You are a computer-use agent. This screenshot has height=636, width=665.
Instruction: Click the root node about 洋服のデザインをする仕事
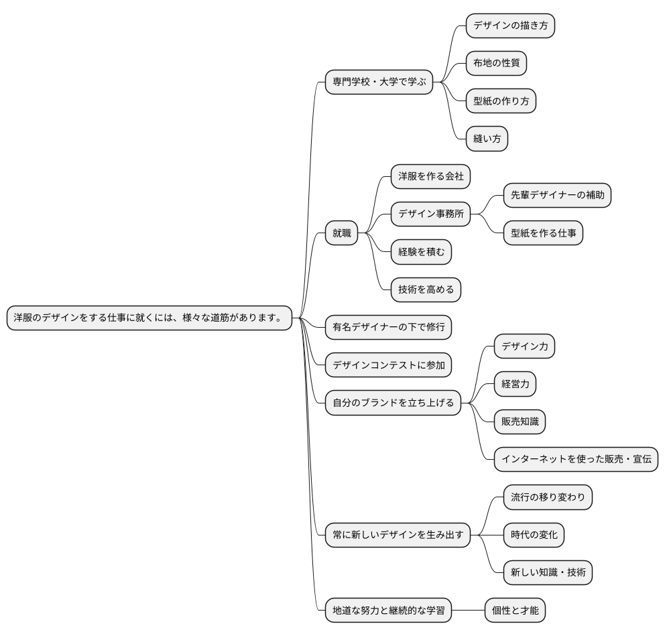click(149, 318)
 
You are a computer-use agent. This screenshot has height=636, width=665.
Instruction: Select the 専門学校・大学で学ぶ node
click(379, 82)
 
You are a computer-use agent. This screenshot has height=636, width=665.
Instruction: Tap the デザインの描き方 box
click(510, 26)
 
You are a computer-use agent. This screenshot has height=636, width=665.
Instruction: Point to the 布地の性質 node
click(496, 64)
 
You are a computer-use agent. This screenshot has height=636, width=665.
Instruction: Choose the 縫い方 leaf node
click(487, 139)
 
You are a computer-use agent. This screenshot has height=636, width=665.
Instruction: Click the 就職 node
click(341, 233)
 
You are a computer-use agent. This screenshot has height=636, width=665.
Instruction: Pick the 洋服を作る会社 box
click(430, 176)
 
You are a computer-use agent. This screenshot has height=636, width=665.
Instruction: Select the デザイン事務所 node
click(430, 214)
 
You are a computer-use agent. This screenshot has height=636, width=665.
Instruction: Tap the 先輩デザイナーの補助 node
click(557, 196)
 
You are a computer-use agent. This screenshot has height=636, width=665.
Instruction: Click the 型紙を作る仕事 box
click(543, 233)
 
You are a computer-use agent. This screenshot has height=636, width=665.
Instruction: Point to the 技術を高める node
click(426, 290)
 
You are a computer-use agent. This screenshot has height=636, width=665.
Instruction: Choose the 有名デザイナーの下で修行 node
click(388, 327)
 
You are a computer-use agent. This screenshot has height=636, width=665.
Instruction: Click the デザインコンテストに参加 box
click(388, 365)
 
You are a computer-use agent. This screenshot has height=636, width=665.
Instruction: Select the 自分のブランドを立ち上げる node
click(393, 403)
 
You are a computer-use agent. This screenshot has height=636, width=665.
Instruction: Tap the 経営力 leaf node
click(515, 384)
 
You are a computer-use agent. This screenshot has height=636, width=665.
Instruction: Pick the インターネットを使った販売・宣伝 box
click(576, 459)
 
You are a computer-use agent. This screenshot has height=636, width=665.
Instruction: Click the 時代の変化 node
click(534, 535)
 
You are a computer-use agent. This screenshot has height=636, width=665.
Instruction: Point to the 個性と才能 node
click(515, 611)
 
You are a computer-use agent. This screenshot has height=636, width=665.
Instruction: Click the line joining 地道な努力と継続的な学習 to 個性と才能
click(468, 611)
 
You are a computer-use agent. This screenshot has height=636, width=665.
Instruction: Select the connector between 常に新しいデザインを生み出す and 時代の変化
click(487, 535)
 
